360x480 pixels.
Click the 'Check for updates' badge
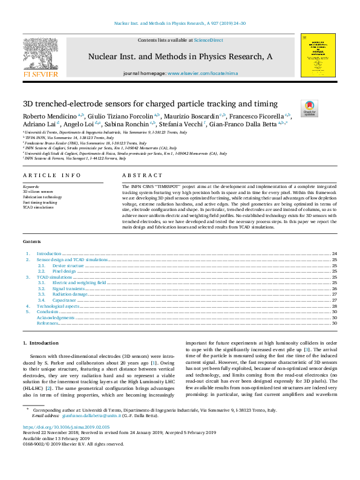coord(309,108)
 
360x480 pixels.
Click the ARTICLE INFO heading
coord(51,175)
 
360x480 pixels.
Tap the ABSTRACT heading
coord(134,175)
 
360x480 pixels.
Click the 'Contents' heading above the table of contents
coord(33,241)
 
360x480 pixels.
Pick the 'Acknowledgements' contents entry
coord(56,317)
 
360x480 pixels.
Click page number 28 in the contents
coord(334,306)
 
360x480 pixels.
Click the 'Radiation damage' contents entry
coord(69,295)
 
